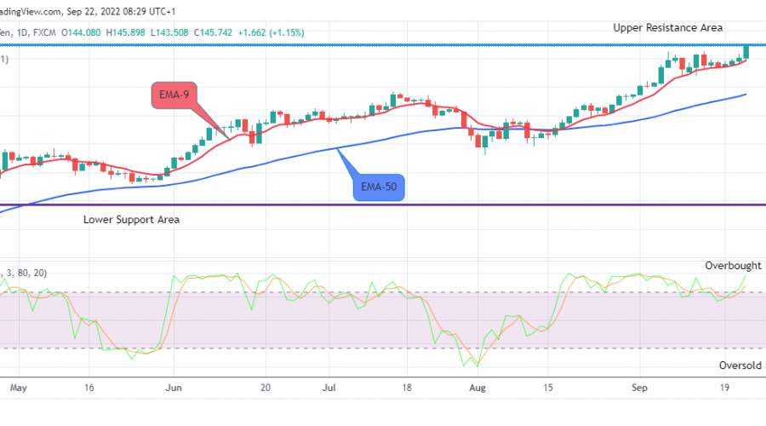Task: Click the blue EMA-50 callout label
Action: (x=379, y=185)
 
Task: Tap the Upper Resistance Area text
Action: (x=668, y=28)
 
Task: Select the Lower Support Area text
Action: (x=131, y=219)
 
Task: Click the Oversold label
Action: (x=739, y=365)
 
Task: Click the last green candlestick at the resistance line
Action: (x=746, y=52)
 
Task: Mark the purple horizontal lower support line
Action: (x=383, y=204)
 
